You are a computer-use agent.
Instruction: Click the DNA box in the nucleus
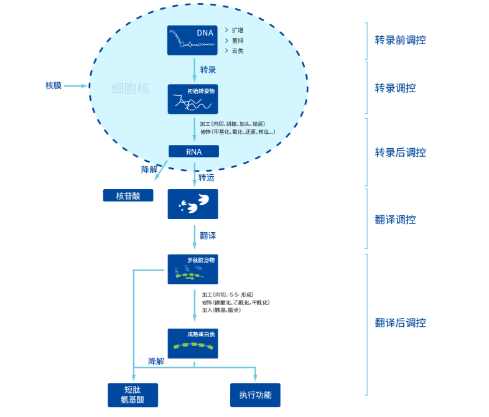[193, 40]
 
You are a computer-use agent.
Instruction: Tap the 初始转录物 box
[193, 99]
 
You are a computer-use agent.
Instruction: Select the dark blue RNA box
[193, 151]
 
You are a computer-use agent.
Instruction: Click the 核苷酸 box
[128, 195]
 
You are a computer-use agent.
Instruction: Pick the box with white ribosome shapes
[193, 204]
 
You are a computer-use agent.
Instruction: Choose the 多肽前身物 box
[193, 269]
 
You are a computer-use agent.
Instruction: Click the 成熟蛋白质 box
[193, 343]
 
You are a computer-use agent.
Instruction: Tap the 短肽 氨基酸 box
[133, 395]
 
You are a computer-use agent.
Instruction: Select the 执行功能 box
[255, 395]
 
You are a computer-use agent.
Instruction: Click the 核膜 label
[54, 85]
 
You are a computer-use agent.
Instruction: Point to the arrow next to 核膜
[77, 86]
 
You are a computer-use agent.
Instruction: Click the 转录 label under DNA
[208, 70]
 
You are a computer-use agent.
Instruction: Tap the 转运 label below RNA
[207, 178]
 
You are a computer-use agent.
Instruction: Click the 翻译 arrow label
[208, 236]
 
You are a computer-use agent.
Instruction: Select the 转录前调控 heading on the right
[400, 40]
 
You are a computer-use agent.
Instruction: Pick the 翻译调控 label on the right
[395, 220]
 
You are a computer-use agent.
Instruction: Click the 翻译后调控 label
[400, 322]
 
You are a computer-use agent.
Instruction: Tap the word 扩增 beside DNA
[238, 30]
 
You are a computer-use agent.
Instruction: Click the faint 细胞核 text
[131, 88]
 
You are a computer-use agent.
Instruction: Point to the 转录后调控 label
[400, 152]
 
